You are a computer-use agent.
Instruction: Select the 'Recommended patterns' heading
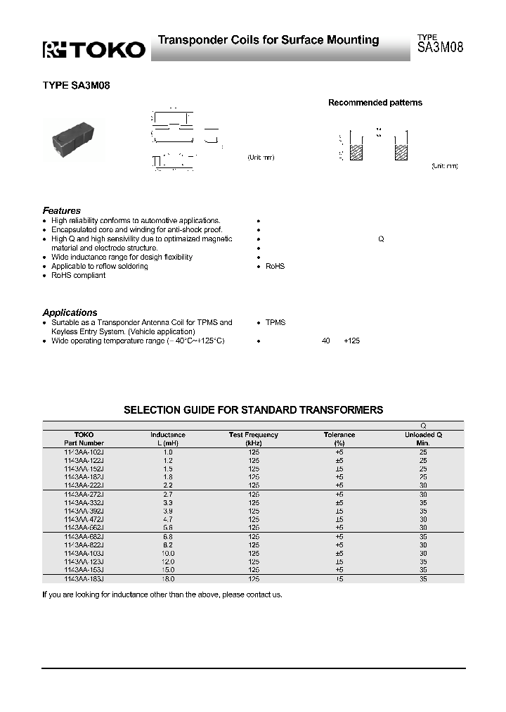tap(375, 103)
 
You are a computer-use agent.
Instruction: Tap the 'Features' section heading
tap(62, 210)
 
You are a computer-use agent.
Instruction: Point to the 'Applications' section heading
tap(70, 312)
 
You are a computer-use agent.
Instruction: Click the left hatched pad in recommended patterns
tap(356, 153)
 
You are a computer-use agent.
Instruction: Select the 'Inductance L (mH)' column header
tap(168, 439)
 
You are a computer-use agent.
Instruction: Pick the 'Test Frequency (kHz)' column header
tap(254, 439)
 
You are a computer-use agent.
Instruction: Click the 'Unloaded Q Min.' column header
tap(423, 439)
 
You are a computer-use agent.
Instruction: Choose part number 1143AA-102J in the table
tap(84, 452)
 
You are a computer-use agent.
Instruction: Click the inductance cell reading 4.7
tap(168, 519)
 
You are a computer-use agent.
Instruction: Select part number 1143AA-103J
tap(84, 553)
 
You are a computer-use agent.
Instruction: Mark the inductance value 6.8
tap(168, 536)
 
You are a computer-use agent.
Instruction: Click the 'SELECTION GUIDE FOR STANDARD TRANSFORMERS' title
tap(253, 409)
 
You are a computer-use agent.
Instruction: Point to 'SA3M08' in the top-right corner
tap(440, 49)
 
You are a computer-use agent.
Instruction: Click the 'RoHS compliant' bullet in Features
tap(78, 275)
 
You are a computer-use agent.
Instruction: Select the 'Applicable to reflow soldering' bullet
tap(99, 266)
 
